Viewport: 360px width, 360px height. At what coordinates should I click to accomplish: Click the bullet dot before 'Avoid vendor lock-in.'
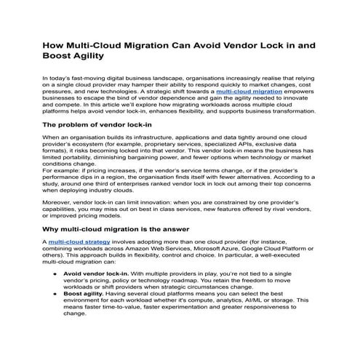coord(57,273)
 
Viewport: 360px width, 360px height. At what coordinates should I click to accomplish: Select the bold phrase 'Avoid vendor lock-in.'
coord(99,273)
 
